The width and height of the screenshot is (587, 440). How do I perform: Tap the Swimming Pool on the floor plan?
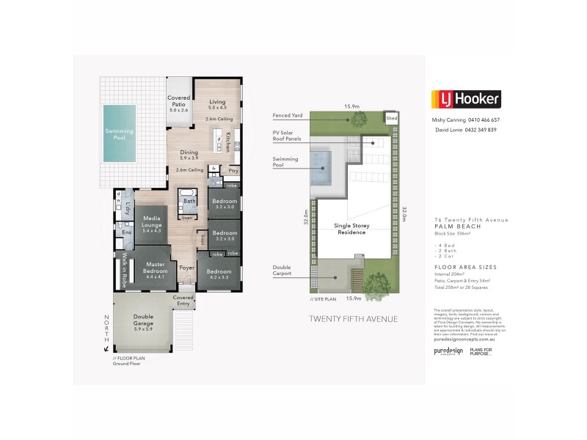(120, 133)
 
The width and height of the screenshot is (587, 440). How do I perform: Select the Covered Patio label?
(179, 103)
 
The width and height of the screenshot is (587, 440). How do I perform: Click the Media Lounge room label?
(152, 223)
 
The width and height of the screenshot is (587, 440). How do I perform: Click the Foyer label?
(187, 268)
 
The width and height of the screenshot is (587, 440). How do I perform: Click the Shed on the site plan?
(391, 117)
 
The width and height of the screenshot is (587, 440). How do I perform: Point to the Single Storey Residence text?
(352, 229)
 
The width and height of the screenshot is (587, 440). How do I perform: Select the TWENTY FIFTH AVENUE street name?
(353, 319)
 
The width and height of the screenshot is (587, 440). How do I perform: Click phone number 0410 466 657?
(485, 120)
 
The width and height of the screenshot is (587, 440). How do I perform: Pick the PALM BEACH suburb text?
(456, 227)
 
